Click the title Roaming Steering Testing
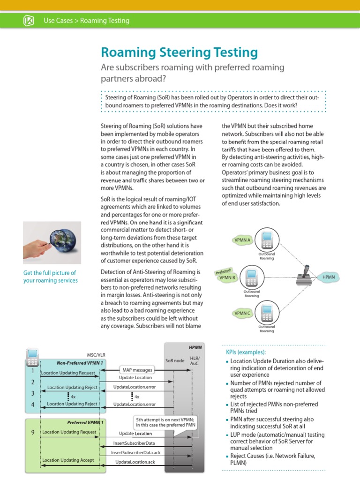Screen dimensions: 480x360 tap(180, 52)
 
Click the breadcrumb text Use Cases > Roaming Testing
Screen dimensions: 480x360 tap(86, 21)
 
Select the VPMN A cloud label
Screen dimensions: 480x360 tap(242, 240)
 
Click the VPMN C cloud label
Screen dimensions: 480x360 tap(242, 313)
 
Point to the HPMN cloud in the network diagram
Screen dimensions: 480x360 tap(329, 277)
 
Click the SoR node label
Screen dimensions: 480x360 tap(175, 360)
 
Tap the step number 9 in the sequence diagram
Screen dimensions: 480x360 tap(33, 432)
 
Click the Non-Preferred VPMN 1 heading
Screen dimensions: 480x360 tap(80, 363)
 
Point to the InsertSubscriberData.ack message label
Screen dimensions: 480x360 tap(135, 452)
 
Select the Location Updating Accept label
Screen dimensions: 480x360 tap(68, 460)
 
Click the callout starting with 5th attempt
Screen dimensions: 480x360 tap(165, 422)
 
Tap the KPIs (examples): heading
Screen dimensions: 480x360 tap(246, 352)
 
